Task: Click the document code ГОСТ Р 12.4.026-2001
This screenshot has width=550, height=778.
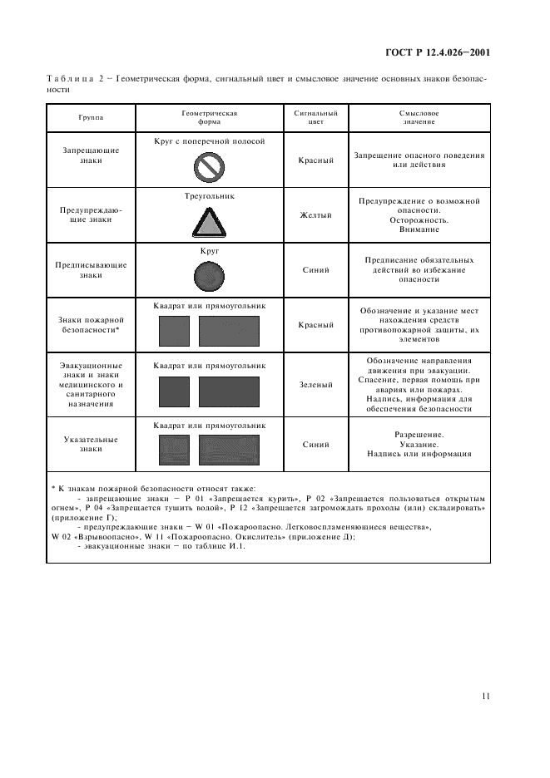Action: [x=437, y=52]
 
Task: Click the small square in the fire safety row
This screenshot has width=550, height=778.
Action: [x=175, y=332]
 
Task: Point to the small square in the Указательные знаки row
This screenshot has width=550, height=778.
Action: [x=175, y=451]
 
